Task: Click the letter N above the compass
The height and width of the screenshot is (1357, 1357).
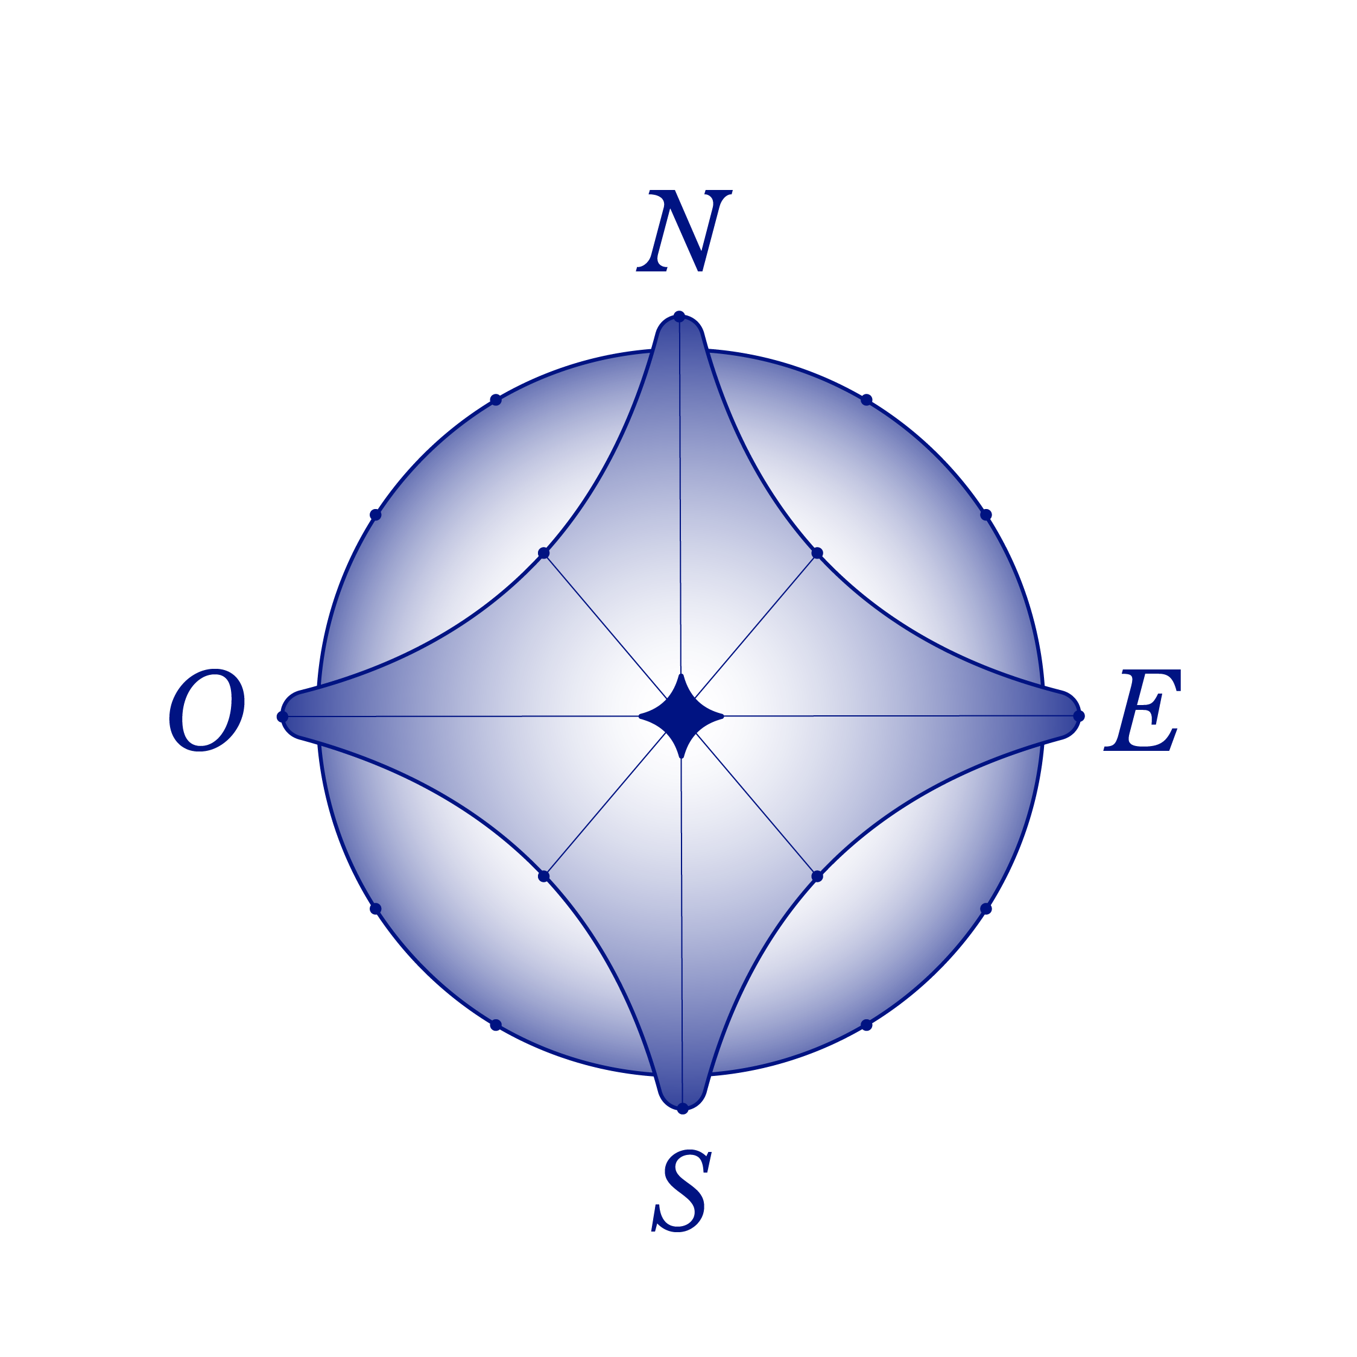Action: point(683,230)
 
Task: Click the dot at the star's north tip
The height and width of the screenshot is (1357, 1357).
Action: point(679,316)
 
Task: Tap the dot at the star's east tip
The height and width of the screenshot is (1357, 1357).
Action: point(1080,716)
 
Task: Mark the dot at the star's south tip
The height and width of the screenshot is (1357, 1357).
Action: point(682,1109)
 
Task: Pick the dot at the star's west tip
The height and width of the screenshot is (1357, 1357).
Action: point(282,716)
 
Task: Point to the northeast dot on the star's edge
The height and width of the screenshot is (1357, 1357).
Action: point(815,554)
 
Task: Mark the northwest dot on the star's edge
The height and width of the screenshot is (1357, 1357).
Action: point(545,555)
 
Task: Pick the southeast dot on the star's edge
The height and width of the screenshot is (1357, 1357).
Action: point(816,875)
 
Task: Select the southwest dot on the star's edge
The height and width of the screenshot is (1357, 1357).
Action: point(546,875)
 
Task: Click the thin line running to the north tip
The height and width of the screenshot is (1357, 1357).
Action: point(680,492)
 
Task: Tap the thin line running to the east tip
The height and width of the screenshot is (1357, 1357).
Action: point(899,716)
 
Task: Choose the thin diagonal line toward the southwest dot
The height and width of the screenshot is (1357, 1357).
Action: point(604,806)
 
